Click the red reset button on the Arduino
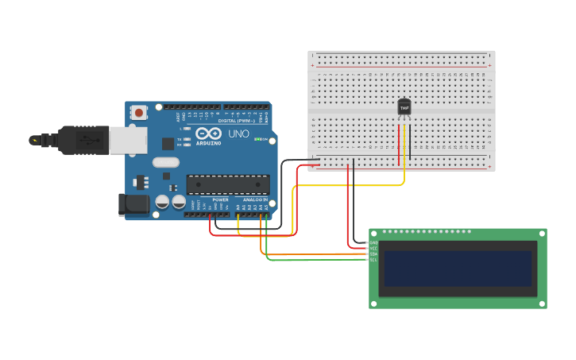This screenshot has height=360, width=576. (139, 113)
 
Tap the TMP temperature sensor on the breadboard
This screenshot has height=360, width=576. (404, 107)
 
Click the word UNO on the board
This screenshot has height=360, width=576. (238, 134)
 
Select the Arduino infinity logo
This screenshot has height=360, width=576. (209, 134)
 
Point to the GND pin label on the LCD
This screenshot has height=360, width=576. (373, 242)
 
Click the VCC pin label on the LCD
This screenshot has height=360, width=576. (373, 248)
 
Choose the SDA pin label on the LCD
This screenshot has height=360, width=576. (373, 254)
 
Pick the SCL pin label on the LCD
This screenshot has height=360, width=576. (373, 260)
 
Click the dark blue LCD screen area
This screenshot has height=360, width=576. (457, 269)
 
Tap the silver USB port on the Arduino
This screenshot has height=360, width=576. (128, 141)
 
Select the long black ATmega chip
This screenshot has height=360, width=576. (227, 184)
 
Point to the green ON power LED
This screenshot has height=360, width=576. (258, 139)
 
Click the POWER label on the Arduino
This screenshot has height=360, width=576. (220, 200)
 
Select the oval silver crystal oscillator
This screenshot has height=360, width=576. (166, 162)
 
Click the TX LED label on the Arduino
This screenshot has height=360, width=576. (180, 139)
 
